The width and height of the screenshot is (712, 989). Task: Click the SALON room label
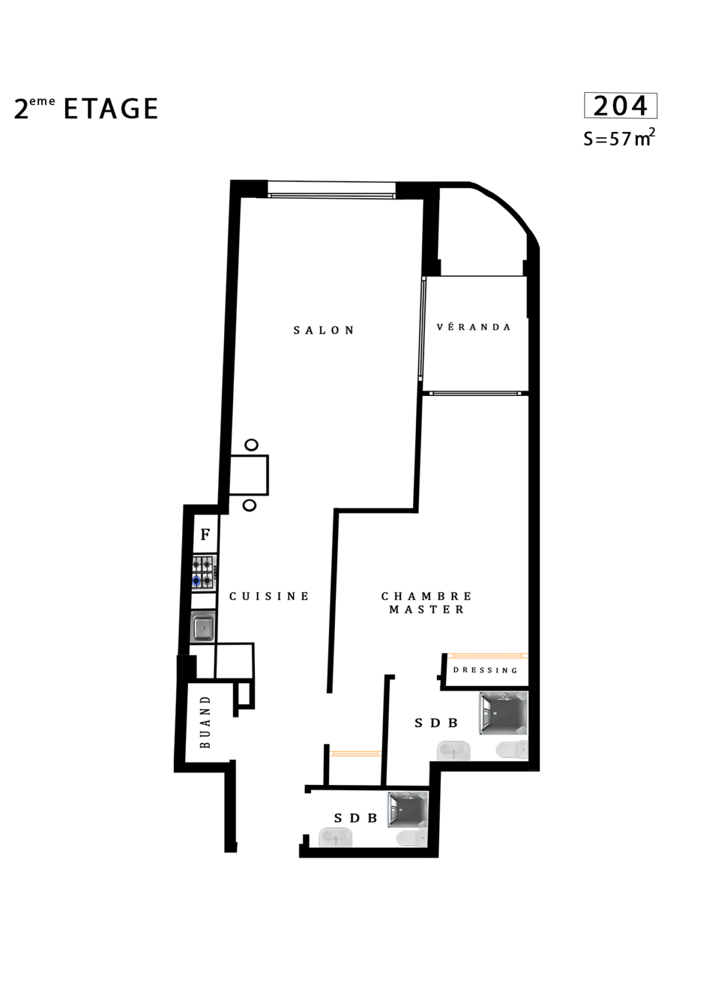(324, 330)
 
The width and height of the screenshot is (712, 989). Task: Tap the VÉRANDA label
(474, 327)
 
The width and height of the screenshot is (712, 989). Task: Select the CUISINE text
(269, 596)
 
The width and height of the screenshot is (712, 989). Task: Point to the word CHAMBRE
(426, 596)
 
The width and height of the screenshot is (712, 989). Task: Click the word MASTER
(426, 610)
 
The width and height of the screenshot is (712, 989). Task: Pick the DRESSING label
(485, 670)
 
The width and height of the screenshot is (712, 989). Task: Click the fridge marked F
(205, 534)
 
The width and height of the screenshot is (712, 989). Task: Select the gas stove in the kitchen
(204, 572)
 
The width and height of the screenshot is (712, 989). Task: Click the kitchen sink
(203, 626)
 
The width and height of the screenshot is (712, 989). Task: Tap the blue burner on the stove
(196, 581)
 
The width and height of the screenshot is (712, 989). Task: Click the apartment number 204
(620, 106)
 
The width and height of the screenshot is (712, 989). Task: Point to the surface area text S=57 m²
(619, 138)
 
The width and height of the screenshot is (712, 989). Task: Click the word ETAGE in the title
(111, 109)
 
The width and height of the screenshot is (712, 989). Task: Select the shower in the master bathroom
(503, 713)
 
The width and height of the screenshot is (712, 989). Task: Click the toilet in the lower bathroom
(412, 838)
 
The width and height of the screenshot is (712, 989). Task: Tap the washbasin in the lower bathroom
(335, 837)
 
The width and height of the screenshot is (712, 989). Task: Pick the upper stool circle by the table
(251, 445)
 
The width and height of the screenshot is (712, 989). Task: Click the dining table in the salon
(248, 475)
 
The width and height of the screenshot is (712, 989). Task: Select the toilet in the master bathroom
(512, 749)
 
